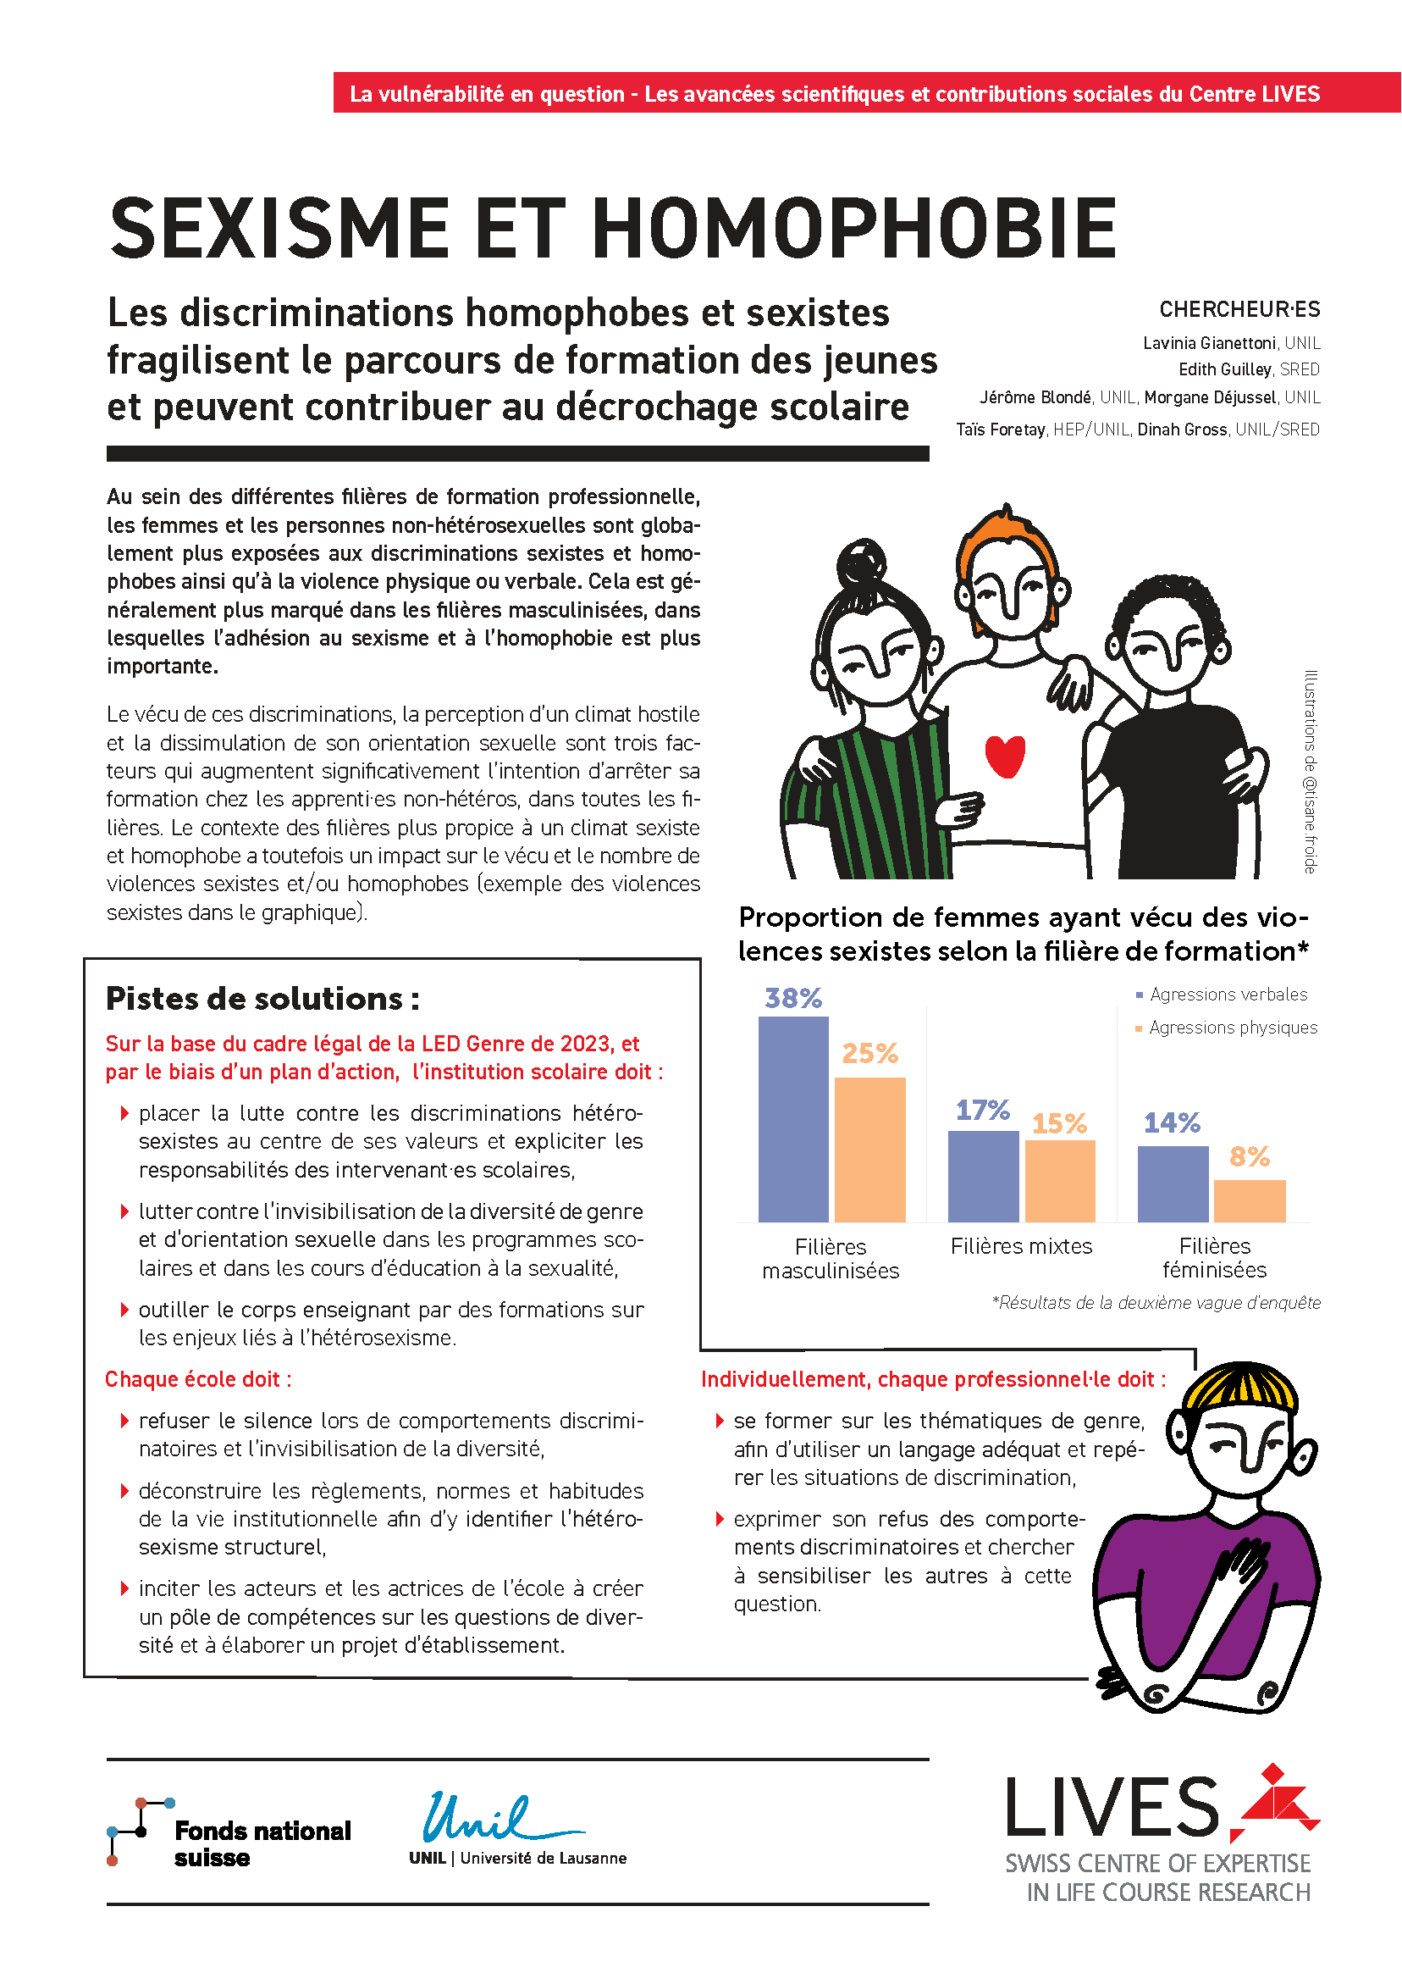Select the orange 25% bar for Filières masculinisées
click(869, 1150)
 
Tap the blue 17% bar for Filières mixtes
click(983, 1176)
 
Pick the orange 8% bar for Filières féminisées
click(1249, 1200)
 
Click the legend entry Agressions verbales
click(1228, 995)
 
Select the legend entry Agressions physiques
click(1233, 1028)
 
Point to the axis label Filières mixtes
click(1021, 1246)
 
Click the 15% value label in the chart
click(1059, 1123)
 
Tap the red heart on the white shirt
click(1005, 756)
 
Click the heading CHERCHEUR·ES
click(1239, 309)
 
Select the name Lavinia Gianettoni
click(1208, 343)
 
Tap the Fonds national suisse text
click(262, 1844)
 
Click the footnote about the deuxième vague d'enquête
click(1156, 1303)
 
